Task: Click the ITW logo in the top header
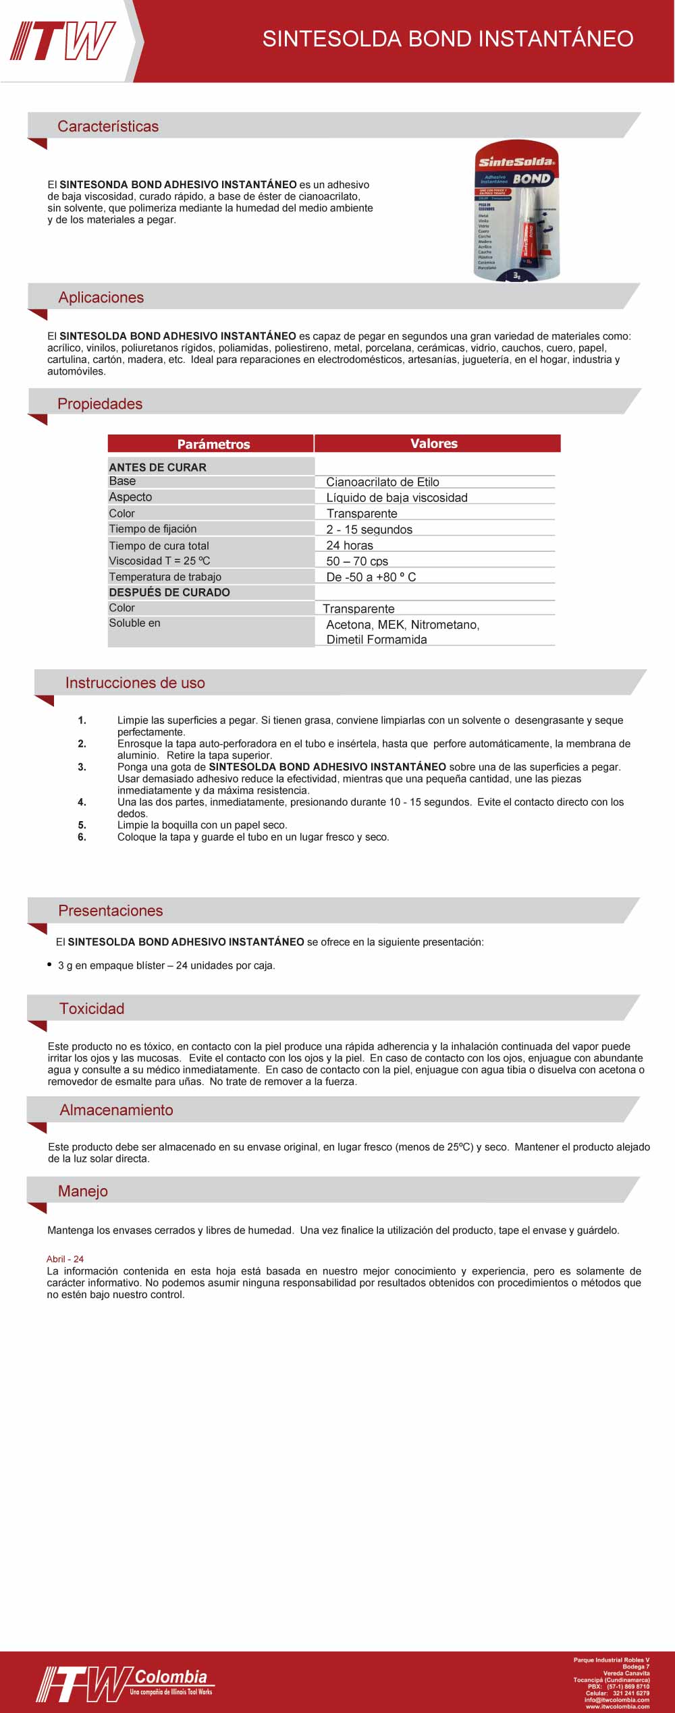click(x=63, y=41)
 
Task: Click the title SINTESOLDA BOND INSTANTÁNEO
click(x=448, y=39)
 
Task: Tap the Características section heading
click(x=108, y=126)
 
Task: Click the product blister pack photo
click(x=517, y=210)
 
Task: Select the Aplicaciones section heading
click(x=101, y=298)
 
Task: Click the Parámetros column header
click(x=213, y=444)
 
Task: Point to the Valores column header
click(x=434, y=443)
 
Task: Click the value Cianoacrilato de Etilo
click(x=383, y=482)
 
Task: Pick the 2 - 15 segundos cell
click(x=369, y=530)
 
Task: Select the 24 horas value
click(x=350, y=545)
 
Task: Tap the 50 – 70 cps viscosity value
click(x=357, y=561)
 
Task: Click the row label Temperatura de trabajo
click(x=165, y=577)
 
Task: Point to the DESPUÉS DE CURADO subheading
click(x=169, y=592)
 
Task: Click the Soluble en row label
click(x=135, y=623)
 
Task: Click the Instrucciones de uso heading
click(x=135, y=683)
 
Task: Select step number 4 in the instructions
click(x=82, y=802)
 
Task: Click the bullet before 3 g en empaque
click(x=49, y=965)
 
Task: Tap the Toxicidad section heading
click(x=92, y=1009)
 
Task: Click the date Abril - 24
click(x=65, y=1259)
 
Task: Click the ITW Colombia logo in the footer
click(x=125, y=1684)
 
